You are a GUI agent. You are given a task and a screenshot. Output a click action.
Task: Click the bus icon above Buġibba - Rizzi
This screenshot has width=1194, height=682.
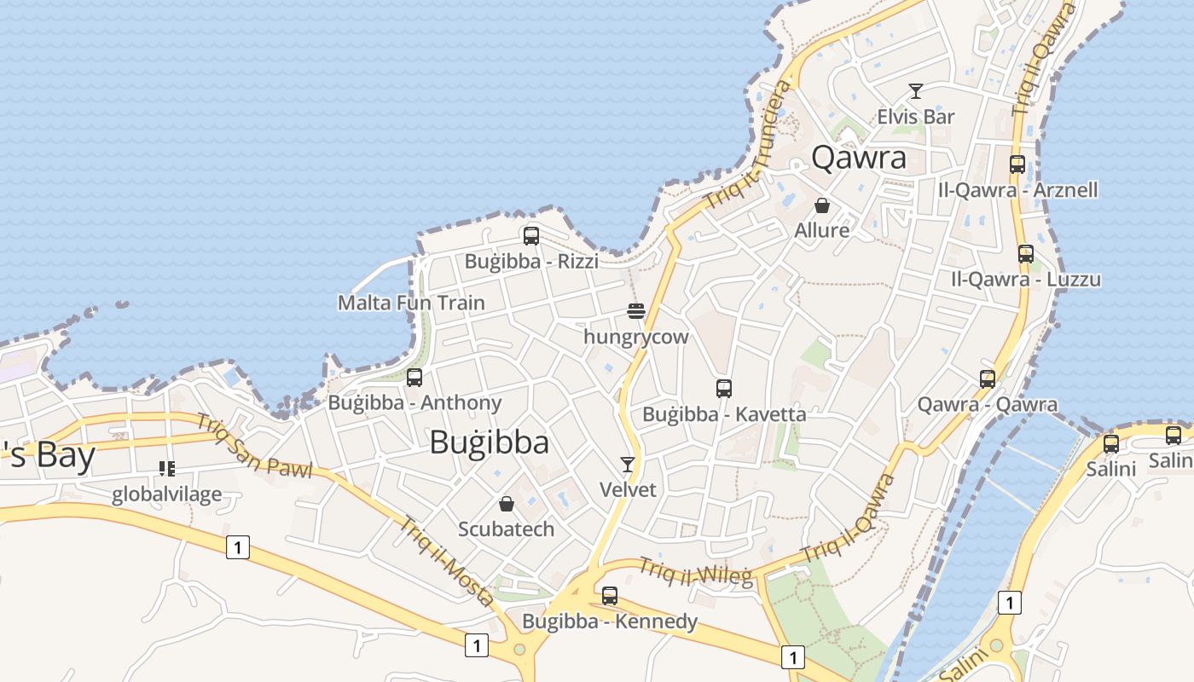531,236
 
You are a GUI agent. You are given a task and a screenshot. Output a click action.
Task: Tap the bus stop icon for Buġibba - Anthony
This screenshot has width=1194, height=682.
414,377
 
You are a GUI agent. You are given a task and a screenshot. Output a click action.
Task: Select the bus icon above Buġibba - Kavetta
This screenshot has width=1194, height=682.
724,389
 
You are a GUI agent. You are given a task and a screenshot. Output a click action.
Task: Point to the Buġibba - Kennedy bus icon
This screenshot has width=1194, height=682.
610,595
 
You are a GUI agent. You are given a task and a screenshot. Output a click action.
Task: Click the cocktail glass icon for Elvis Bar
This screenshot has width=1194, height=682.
916,91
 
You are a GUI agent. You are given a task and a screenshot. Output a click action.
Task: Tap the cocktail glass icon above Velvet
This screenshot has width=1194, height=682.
629,465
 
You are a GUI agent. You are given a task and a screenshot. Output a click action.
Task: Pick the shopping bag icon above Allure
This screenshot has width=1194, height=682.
822,205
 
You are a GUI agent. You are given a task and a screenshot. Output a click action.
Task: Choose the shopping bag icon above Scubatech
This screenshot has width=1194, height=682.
507,504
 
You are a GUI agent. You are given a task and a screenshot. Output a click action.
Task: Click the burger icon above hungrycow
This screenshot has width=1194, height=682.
635,311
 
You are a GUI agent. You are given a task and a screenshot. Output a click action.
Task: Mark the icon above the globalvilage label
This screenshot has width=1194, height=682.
167,469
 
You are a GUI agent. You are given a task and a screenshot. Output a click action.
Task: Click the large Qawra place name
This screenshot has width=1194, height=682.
859,158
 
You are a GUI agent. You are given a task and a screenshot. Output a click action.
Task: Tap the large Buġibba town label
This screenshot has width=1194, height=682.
490,442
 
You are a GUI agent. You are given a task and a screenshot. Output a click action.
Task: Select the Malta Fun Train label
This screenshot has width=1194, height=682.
411,303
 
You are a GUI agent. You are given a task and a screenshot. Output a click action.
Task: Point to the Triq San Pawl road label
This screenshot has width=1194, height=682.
254,446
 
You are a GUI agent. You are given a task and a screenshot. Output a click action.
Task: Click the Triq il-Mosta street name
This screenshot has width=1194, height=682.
446,561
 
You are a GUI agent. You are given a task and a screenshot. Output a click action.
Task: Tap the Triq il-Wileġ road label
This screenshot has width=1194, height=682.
696,572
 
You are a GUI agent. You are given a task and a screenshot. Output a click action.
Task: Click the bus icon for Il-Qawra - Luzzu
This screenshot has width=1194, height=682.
1026,254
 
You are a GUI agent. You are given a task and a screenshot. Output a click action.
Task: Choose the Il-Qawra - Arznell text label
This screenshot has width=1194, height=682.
1017,189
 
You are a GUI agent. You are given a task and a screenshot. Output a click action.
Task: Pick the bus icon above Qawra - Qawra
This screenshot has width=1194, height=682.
988,379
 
